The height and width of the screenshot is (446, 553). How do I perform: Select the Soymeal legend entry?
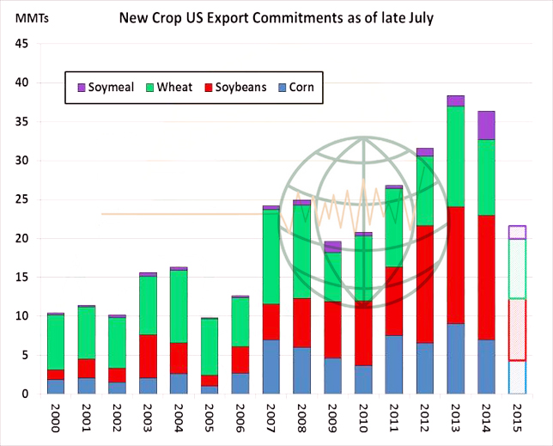(x=100, y=87)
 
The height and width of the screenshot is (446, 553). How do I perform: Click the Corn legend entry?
(x=294, y=87)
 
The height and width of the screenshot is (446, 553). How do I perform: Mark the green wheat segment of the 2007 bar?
(x=271, y=257)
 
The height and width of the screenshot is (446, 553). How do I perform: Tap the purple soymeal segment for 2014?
(x=487, y=125)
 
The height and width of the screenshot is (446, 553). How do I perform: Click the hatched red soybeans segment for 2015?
(x=518, y=329)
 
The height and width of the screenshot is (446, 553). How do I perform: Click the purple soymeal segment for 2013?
(x=455, y=101)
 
